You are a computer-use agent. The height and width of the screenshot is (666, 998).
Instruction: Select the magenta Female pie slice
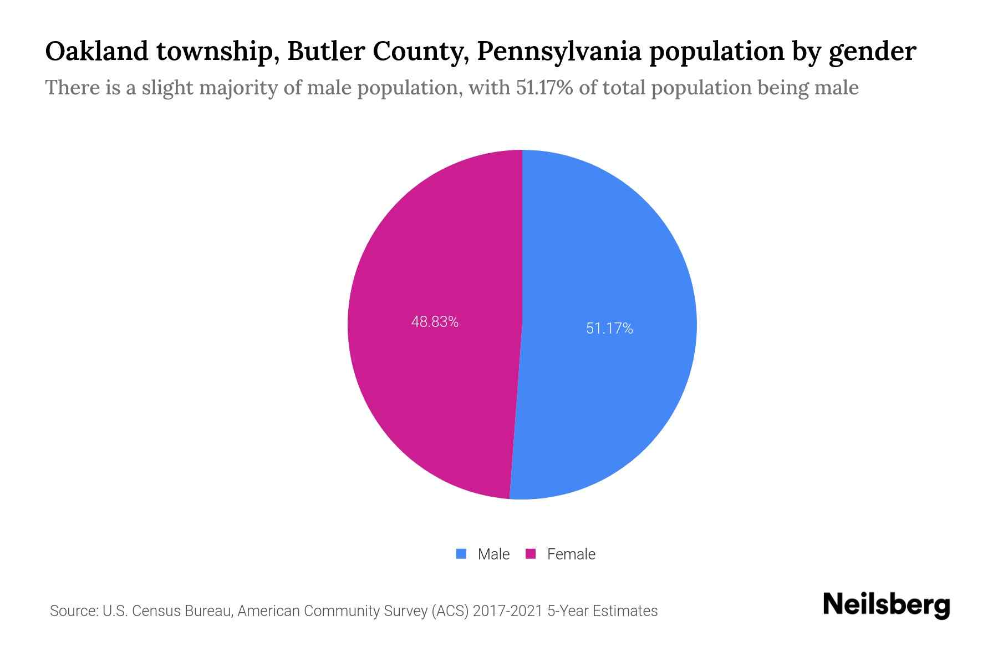tap(432, 389)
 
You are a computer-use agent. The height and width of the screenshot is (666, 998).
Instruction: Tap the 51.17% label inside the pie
tap(609, 329)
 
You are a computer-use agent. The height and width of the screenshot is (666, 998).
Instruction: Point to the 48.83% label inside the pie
tap(435, 322)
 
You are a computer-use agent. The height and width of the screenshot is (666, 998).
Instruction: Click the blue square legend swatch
tap(461, 554)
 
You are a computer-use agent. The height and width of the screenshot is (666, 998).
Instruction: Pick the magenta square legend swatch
tap(531, 554)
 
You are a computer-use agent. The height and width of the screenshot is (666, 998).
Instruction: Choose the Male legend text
tap(493, 554)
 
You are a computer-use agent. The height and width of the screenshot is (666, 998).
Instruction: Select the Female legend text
tap(571, 554)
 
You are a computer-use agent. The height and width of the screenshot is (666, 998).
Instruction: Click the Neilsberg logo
tap(886, 605)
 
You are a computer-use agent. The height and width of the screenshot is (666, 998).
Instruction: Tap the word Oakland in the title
tap(97, 52)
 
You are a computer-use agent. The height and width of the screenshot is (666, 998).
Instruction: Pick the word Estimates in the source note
tap(625, 611)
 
